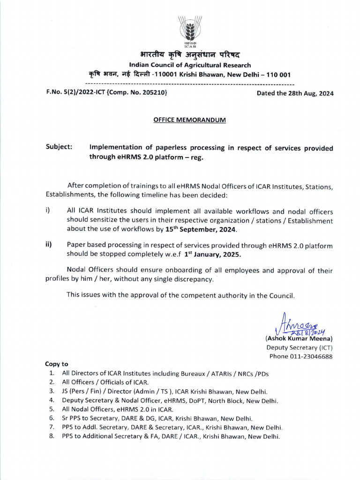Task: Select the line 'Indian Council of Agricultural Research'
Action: [x=190, y=65]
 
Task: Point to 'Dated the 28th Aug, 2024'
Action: [x=295, y=93]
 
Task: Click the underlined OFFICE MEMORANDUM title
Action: [x=190, y=120]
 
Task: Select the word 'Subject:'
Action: [x=59, y=148]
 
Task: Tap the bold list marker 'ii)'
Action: [x=48, y=245]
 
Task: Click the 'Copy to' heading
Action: [x=57, y=364]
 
